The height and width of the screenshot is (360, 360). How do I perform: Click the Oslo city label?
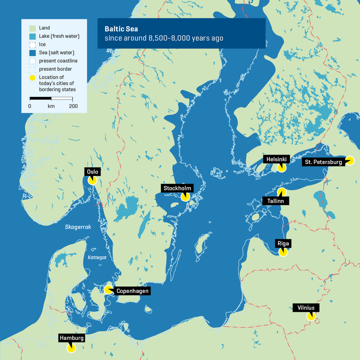click(x=92, y=172)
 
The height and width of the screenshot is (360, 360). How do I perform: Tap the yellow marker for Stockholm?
click(x=185, y=197)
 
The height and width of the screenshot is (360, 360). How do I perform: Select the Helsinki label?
click(x=276, y=159)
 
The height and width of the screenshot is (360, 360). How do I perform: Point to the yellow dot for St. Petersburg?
click(x=350, y=161)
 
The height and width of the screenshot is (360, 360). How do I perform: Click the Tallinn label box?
click(x=275, y=201)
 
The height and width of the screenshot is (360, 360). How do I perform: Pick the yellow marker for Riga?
click(x=283, y=252)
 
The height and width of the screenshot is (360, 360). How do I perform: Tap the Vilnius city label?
click(x=306, y=307)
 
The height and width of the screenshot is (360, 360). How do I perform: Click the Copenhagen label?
click(x=132, y=291)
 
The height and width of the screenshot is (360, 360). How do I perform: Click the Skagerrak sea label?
click(x=77, y=227)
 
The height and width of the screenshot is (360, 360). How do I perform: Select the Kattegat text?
click(x=97, y=258)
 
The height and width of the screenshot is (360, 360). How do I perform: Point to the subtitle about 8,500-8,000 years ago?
click(x=164, y=38)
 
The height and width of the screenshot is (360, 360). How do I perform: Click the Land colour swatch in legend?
click(x=32, y=28)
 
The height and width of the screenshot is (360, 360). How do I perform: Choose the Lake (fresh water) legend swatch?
click(x=32, y=37)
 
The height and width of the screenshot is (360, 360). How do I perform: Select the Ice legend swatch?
click(x=32, y=45)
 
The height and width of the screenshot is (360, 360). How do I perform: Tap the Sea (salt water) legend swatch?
click(x=32, y=52)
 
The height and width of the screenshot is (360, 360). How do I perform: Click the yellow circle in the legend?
click(x=32, y=77)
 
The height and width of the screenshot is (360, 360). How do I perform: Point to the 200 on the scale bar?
click(x=73, y=106)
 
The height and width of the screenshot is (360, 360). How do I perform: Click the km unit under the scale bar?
click(x=51, y=106)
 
